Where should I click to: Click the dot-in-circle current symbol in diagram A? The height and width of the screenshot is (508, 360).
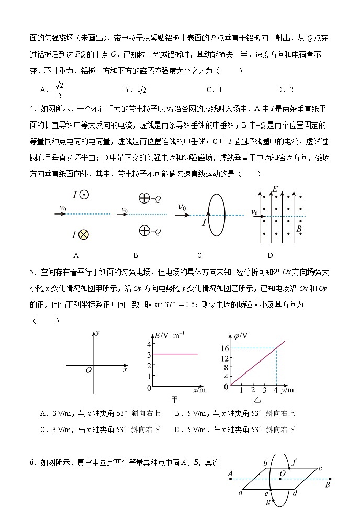(84, 195)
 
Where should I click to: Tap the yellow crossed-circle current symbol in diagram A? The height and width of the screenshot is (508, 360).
(83, 235)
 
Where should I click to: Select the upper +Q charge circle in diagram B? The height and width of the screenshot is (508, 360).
(143, 198)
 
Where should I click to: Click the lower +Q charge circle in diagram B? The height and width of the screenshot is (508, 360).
(143, 231)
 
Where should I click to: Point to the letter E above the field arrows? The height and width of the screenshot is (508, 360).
(275, 189)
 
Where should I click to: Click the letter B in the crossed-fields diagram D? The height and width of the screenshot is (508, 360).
(299, 229)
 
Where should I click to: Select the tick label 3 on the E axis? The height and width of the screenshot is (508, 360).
(149, 355)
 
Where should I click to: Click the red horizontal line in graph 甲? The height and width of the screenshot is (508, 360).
(175, 354)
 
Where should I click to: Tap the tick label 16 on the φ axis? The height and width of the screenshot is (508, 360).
(226, 348)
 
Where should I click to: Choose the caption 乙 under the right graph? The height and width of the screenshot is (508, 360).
(257, 400)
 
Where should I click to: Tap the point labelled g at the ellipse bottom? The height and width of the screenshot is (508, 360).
(268, 502)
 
